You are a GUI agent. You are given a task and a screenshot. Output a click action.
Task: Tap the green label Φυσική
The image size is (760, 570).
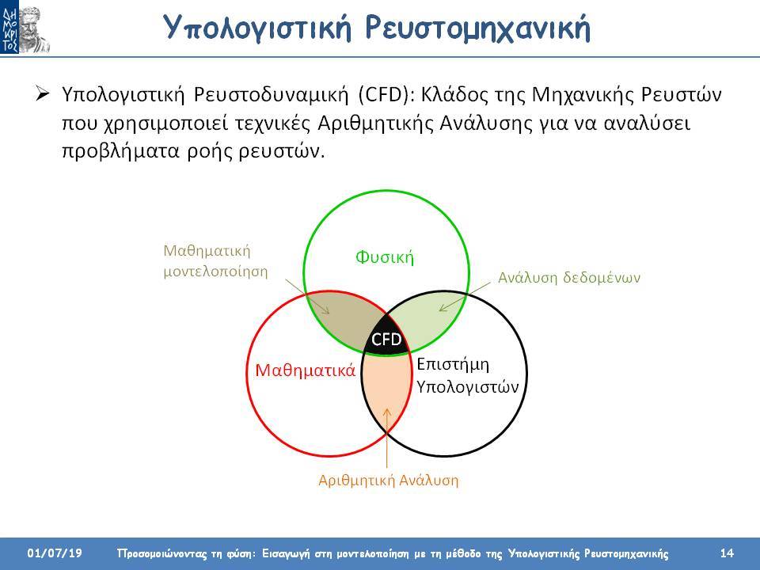(385, 256)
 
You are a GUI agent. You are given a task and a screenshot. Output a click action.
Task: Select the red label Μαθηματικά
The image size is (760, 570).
(306, 370)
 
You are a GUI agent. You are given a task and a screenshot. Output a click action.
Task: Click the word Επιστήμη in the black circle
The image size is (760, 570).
(453, 364)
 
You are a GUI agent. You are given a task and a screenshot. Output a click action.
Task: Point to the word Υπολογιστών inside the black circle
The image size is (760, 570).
(467, 387)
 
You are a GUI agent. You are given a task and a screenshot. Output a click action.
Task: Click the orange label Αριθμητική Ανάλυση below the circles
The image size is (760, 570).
(388, 481)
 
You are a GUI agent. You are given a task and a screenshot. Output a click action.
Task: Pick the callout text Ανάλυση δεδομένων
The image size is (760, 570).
(569, 278)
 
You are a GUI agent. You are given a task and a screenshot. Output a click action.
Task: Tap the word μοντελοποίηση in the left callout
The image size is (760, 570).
(215, 272)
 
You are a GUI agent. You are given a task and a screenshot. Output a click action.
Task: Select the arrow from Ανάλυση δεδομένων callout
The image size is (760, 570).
(465, 297)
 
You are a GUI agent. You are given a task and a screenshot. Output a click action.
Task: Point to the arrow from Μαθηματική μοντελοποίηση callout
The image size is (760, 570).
(307, 296)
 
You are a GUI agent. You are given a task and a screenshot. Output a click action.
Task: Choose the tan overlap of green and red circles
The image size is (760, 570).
(340, 321)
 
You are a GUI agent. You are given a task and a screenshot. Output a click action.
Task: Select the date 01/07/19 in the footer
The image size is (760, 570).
(55, 553)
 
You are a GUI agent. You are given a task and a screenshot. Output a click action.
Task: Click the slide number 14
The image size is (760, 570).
(727, 553)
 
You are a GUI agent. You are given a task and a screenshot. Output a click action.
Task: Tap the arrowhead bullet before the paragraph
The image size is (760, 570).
(42, 93)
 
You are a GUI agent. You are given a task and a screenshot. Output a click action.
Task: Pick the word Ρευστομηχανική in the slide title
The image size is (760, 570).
(477, 28)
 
